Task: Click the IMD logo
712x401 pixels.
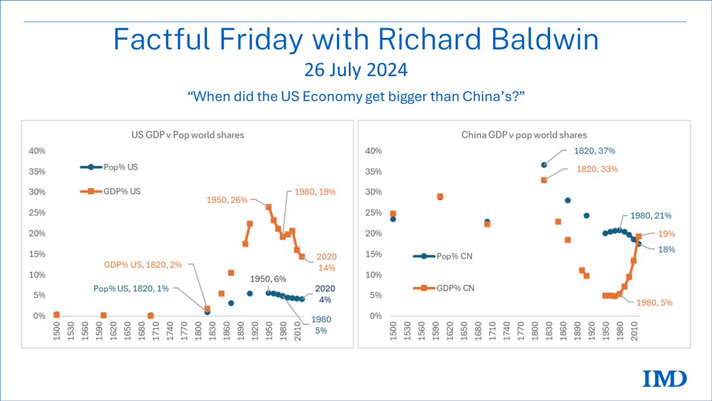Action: [665, 378]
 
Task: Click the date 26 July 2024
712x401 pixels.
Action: [356, 70]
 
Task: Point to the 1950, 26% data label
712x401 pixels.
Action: [227, 200]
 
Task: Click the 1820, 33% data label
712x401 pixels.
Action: [597, 169]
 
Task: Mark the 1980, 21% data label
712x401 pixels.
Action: [650, 216]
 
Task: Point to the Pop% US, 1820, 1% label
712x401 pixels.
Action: [131, 288]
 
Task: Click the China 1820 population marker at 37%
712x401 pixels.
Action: [544, 165]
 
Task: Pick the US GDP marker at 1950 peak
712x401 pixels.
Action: [268, 207]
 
